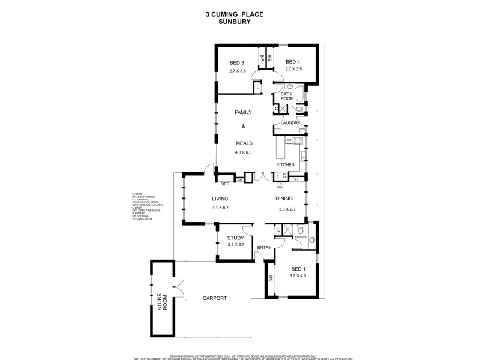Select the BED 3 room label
pos(238,62)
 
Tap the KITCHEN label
pos(285,164)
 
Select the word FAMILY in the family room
pos(242,113)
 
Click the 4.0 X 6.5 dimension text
pos(244,152)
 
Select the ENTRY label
pos(264,247)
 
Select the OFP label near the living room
pos(226,184)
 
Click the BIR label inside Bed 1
pos(272,278)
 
